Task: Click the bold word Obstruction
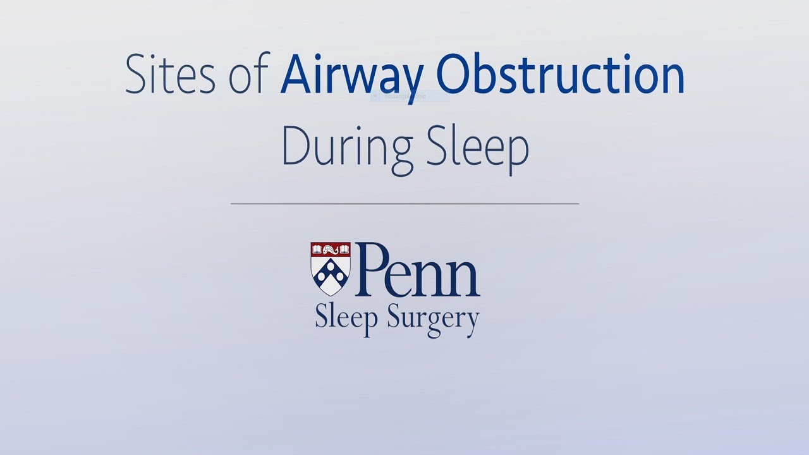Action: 560,75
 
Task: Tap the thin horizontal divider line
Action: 404,203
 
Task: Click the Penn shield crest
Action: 330,269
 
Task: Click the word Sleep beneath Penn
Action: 346,317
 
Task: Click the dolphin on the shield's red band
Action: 330,248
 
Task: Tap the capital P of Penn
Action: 374,270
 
